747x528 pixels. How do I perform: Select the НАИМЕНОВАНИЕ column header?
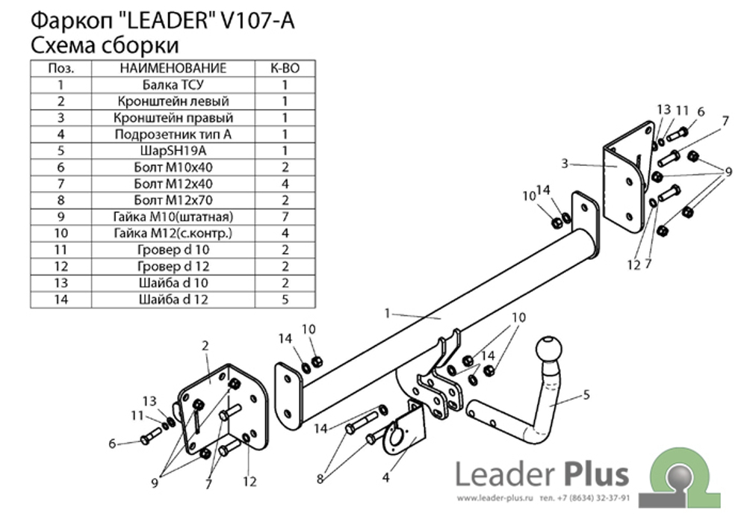point(173,68)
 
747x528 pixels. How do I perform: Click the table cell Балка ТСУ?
point(173,84)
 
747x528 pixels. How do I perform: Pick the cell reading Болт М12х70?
point(173,200)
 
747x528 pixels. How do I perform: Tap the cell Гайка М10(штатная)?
point(173,217)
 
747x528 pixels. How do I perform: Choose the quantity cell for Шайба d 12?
point(285,299)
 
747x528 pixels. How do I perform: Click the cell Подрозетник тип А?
point(173,134)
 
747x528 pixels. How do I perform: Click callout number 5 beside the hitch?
point(586,394)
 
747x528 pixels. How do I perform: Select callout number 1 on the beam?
point(387,313)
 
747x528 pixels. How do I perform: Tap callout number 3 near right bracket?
point(565,164)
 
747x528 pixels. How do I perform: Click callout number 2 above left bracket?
point(205,346)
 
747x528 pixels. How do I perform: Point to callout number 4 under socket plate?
point(386,477)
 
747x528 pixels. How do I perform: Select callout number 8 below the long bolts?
point(320,479)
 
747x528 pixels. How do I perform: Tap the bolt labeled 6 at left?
point(151,437)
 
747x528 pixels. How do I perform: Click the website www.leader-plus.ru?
point(494,498)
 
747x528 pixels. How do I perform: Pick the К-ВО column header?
point(285,68)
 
